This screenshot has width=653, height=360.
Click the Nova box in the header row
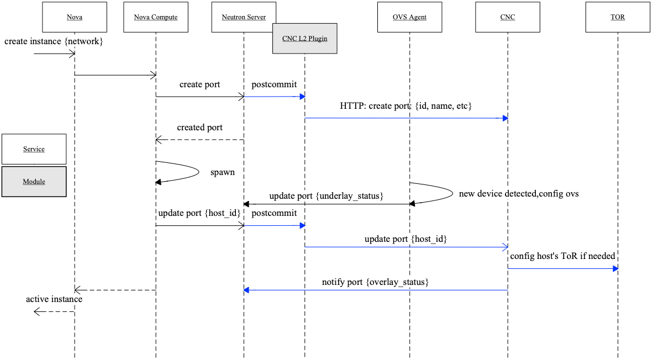click(x=75, y=17)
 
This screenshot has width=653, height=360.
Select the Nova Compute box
click(x=156, y=17)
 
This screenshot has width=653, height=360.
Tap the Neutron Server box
click(x=244, y=17)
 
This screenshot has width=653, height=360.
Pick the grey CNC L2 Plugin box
click(x=304, y=39)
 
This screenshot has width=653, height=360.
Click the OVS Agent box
click(x=409, y=17)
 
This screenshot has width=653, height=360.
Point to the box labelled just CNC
click(x=507, y=17)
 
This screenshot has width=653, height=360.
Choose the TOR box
click(x=618, y=17)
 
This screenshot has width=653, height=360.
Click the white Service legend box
click(x=34, y=149)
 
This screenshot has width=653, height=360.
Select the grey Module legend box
click(x=34, y=182)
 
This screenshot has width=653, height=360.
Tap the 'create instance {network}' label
click(x=54, y=41)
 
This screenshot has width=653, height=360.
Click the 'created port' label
click(x=200, y=128)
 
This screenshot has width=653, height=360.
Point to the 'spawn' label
click(x=222, y=172)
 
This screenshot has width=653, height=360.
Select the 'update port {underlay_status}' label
click(x=326, y=196)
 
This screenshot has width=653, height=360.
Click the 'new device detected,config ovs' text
click(x=519, y=194)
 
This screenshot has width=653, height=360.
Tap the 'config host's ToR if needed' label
click(x=562, y=256)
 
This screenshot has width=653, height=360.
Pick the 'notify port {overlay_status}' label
click(x=376, y=282)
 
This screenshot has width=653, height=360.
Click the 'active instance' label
click(x=54, y=299)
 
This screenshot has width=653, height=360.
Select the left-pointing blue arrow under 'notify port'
click(x=376, y=290)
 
